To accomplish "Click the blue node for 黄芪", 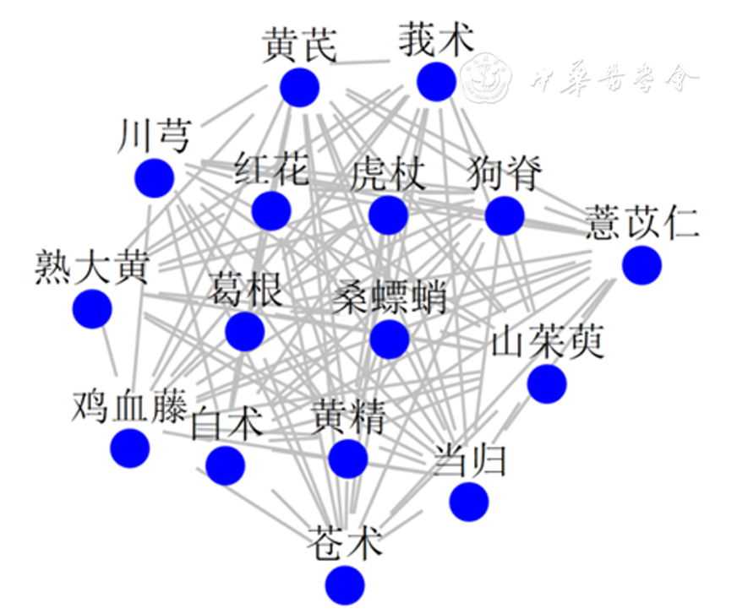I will tap(299, 88).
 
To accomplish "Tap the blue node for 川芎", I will tap(154, 178).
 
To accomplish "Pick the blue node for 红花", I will tap(271, 210).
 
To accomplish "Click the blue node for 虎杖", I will tap(389, 215).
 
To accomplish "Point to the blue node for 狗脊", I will tap(505, 215).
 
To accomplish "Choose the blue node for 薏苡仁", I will tap(642, 265).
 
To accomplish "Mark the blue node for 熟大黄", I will tap(92, 308).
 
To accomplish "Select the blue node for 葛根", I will tap(245, 331).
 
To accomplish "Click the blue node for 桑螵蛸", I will tap(390, 339).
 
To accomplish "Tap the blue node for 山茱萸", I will tap(547, 384).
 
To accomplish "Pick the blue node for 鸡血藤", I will tap(130, 448).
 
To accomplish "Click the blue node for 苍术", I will tap(345, 584).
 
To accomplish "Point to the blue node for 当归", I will tap(469, 502).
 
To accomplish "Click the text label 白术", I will tap(227, 423).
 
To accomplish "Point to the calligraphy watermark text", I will tap(615, 80).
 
